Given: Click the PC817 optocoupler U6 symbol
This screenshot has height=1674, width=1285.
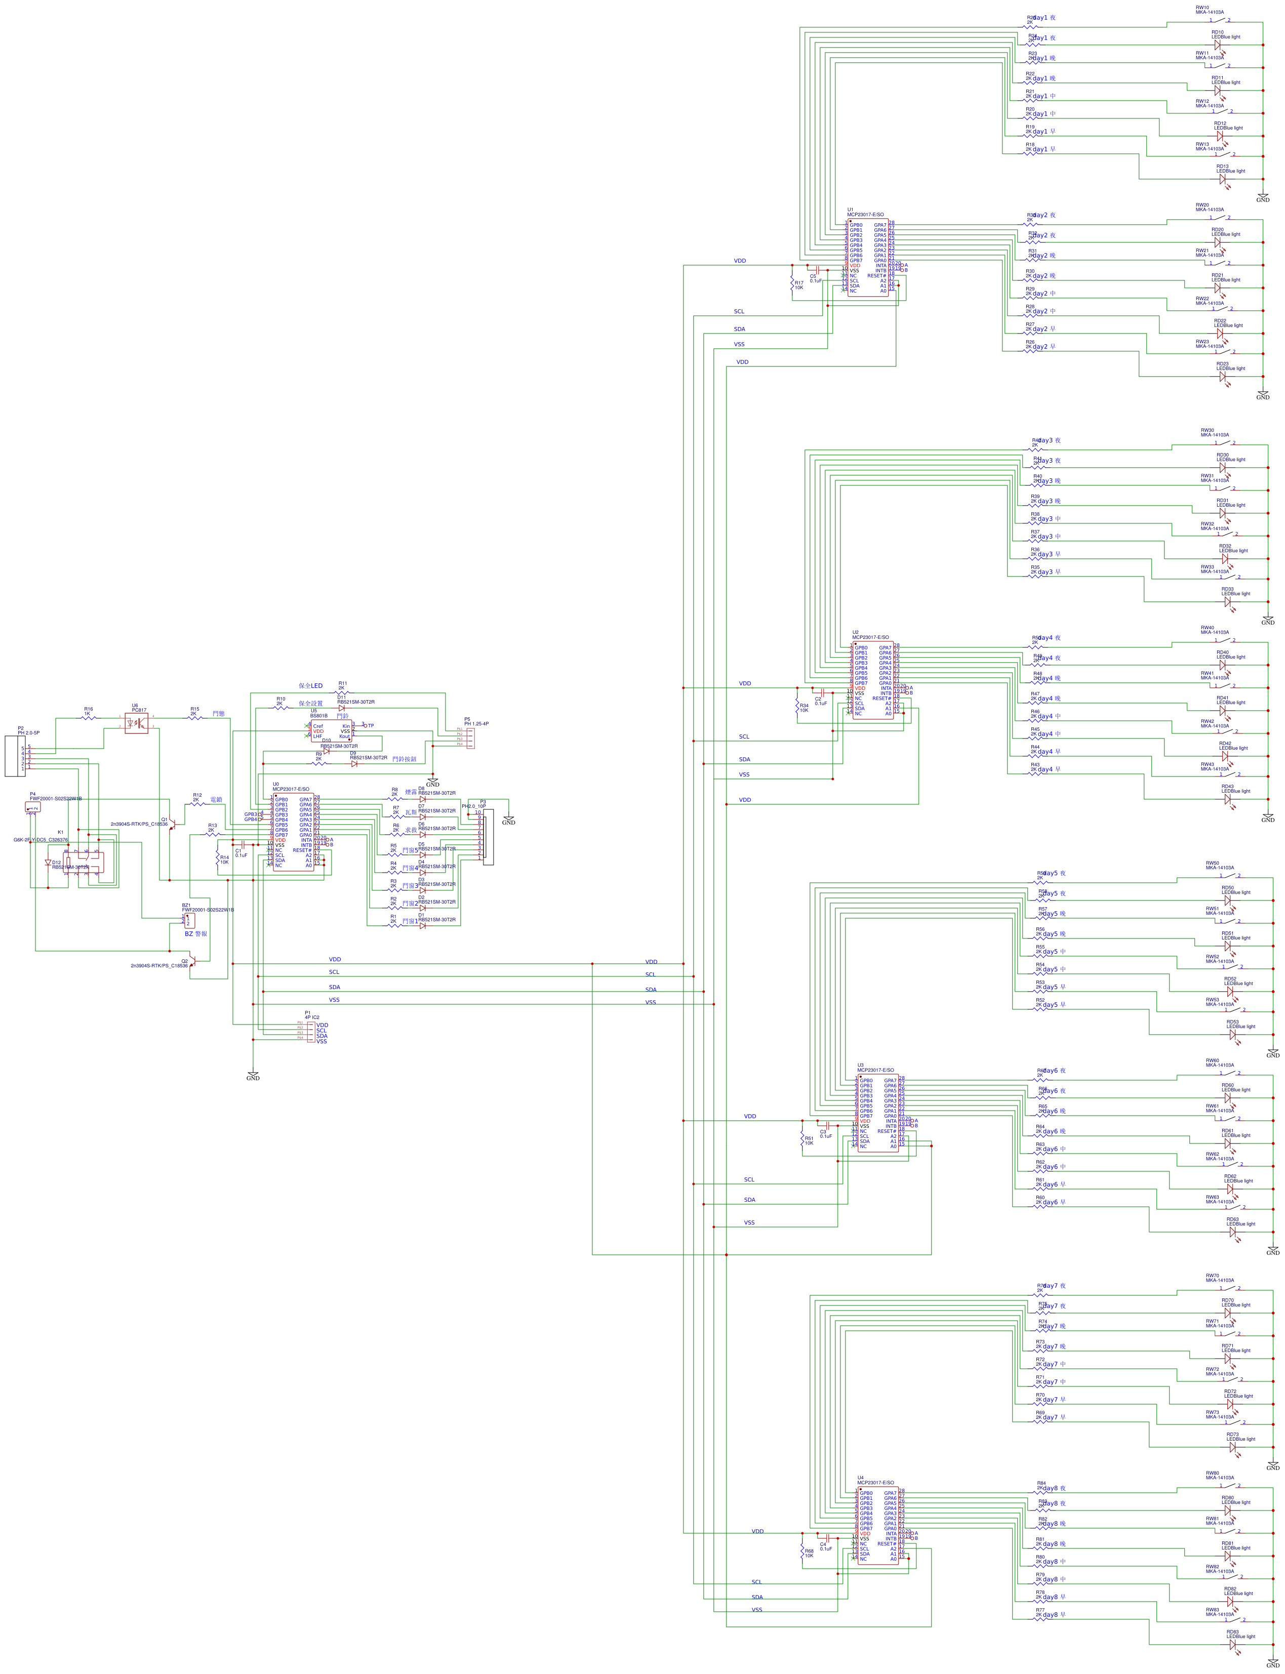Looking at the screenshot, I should coord(136,723).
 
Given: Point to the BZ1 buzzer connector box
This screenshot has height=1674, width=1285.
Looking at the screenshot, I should coord(189,921).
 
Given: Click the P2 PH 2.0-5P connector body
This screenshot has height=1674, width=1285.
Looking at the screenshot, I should coord(15,756).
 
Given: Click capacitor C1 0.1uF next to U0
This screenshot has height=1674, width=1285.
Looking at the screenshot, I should coord(242,844).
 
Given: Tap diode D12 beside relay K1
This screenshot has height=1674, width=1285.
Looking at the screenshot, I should coord(48,863).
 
